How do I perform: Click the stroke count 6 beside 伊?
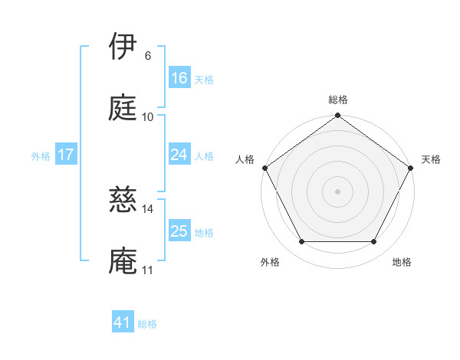[148, 56]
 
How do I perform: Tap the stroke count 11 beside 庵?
[148, 270]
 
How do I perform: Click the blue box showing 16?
[179, 78]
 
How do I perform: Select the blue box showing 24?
[179, 155]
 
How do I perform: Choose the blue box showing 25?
[179, 231]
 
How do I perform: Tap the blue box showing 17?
[65, 155]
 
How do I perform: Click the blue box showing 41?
[123, 322]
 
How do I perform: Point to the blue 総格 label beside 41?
[147, 324]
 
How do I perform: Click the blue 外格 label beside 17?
[41, 156]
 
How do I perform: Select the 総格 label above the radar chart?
[338, 100]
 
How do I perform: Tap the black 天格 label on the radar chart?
[431, 159]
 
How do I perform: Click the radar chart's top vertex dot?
[338, 116]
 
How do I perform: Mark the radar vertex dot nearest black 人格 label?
[265, 168]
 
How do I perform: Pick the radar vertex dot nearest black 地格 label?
[374, 242]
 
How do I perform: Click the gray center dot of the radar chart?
[338, 191]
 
